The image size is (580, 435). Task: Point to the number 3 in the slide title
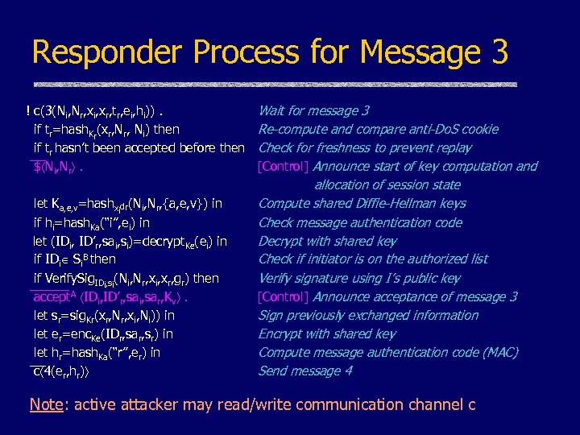tap(496, 52)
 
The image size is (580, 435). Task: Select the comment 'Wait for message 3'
tap(313, 110)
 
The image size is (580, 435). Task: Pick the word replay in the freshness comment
tap(453, 147)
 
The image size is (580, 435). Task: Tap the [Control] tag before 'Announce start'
tap(284, 167)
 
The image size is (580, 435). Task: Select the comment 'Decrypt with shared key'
tap(327, 241)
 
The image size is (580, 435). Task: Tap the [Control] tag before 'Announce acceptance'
tap(284, 296)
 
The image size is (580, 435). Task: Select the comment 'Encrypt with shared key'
tap(326, 333)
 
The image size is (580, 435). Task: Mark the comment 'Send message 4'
tap(305, 371)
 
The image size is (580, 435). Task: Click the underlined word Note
tap(45, 404)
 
